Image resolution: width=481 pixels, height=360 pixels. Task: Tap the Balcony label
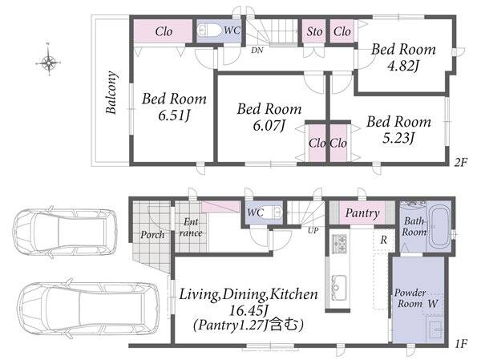[111, 93]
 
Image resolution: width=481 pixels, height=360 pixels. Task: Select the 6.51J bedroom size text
[174, 115]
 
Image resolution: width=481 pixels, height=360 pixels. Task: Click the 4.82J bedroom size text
[403, 66]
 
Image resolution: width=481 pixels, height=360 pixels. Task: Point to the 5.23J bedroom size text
[398, 138]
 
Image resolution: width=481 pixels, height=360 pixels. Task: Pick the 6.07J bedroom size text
[269, 126]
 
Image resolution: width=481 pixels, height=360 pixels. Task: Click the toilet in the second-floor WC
[209, 30]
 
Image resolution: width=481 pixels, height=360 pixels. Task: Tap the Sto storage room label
[314, 31]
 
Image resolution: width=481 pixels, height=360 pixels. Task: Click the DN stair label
[257, 51]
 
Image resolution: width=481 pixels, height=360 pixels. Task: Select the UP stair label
[313, 230]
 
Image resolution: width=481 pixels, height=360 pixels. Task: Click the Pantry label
[362, 213]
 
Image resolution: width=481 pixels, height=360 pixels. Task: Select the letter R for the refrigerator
[383, 240]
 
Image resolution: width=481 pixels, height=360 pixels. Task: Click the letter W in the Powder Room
[433, 304]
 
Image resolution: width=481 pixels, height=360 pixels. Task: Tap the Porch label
[152, 235]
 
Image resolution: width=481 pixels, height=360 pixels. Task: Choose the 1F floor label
[461, 344]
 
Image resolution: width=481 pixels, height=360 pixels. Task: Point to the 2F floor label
[460, 162]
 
